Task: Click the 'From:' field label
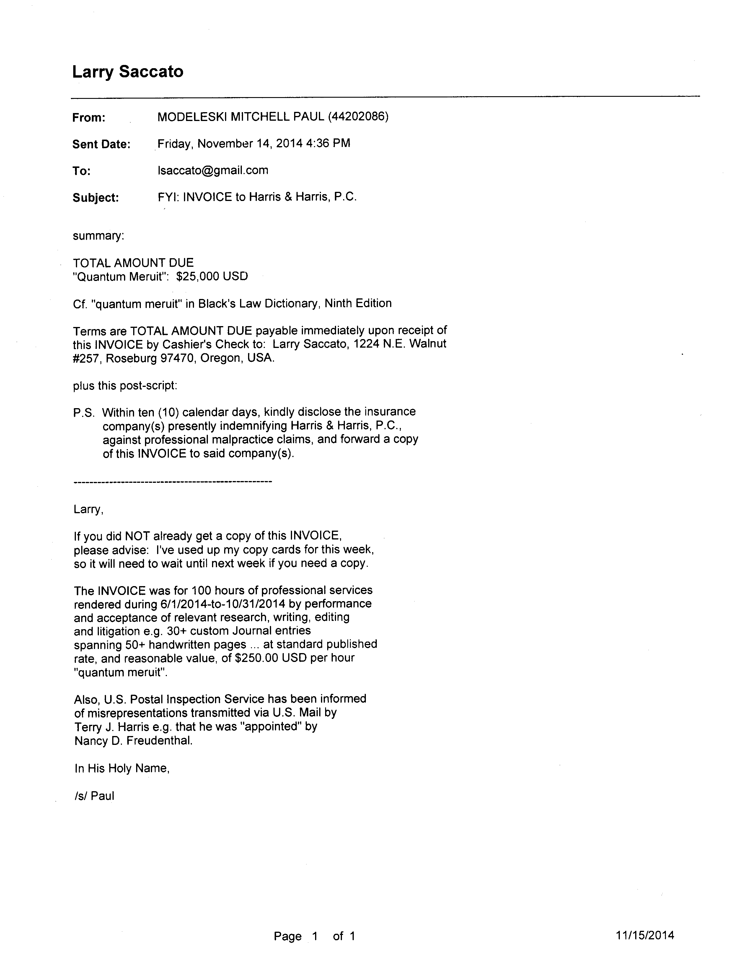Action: click(x=89, y=118)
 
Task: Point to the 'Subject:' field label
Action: click(x=95, y=197)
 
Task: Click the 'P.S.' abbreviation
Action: click(x=84, y=413)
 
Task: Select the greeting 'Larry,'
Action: click(x=88, y=509)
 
